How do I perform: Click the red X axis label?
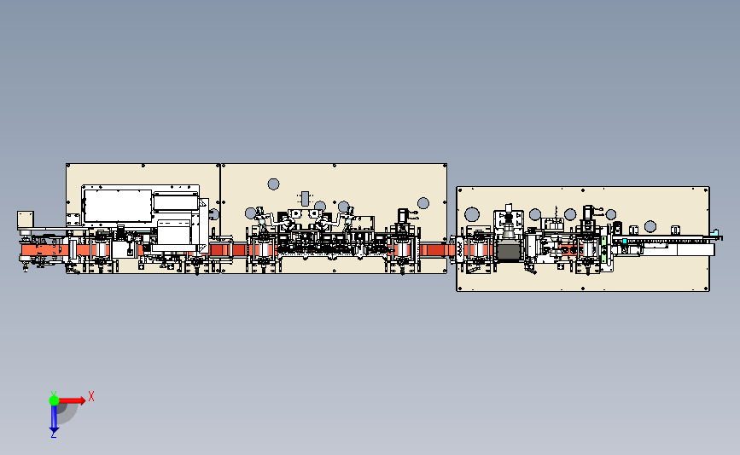91,396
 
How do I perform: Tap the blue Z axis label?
53,435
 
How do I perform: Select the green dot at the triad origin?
53,399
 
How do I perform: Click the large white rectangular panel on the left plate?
117,205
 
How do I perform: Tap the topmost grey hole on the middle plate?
274,184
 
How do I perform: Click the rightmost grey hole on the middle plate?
422,203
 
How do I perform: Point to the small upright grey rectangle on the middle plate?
305,198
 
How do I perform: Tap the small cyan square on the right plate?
625,242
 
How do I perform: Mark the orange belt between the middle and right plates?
437,248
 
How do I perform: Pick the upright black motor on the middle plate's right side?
401,217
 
